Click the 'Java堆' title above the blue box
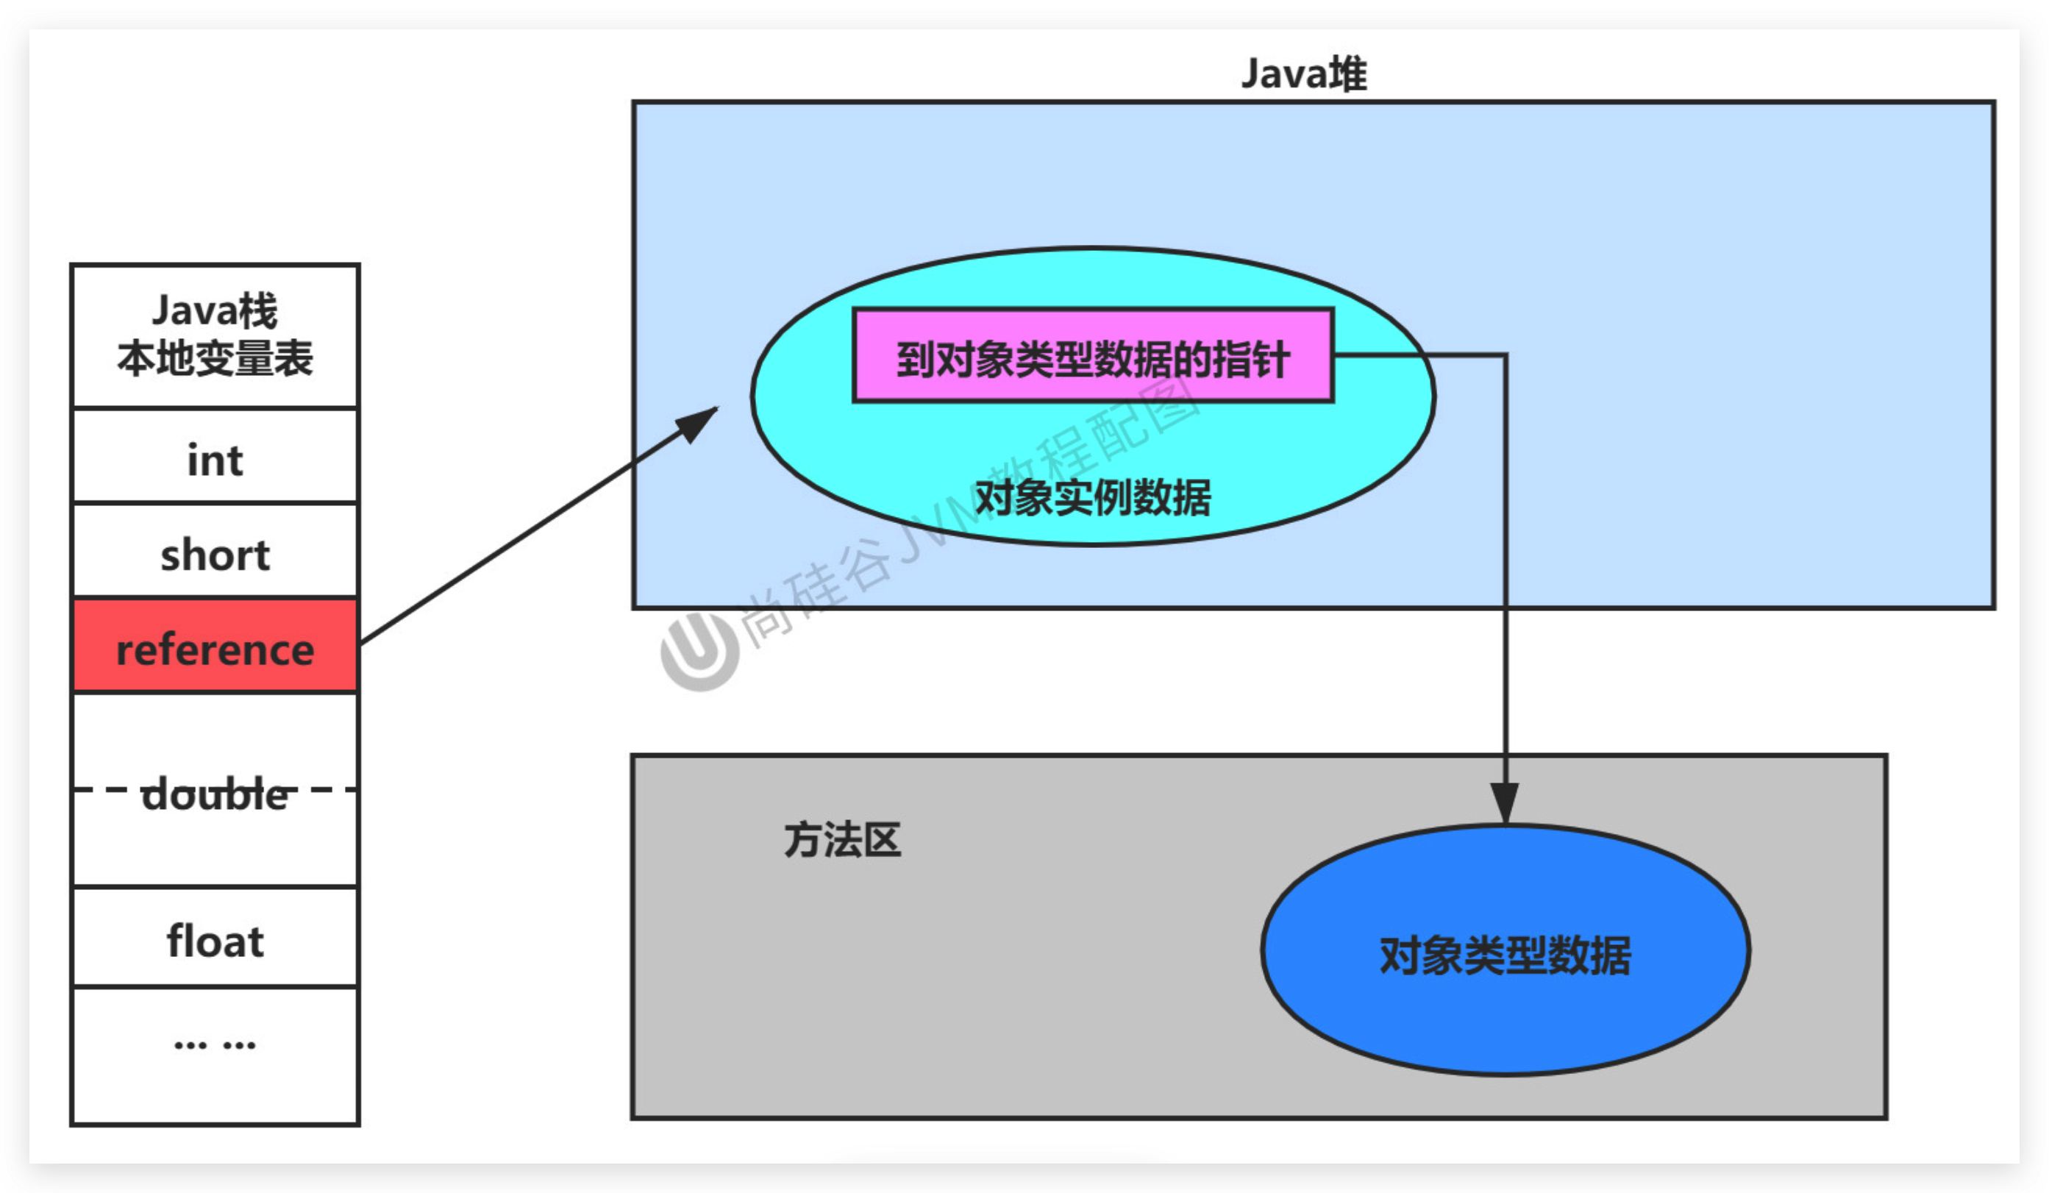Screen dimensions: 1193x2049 pos(1303,74)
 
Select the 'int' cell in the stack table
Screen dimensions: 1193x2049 pos(215,460)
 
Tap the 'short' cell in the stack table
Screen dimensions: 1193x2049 pos(215,555)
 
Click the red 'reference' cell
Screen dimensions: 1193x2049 pos(215,649)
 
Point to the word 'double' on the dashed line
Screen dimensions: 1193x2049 pos(215,794)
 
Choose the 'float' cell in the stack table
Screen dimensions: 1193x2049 pos(215,941)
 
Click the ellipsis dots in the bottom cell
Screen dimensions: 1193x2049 pos(215,1044)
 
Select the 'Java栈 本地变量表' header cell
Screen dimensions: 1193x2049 pos(215,335)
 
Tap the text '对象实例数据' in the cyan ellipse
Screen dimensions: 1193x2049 pos(1092,498)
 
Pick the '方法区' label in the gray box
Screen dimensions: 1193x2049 pos(842,840)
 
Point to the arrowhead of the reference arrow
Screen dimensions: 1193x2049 pos(699,421)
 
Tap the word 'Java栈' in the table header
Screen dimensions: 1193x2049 pos(215,310)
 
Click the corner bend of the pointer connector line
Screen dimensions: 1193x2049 pos(1505,355)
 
